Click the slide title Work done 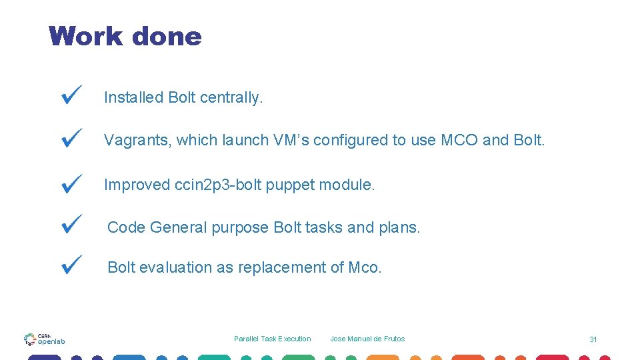pyautogui.click(x=125, y=36)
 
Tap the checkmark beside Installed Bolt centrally pyautogui.click(x=71, y=95)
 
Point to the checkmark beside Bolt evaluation pyautogui.click(x=71, y=264)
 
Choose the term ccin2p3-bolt pyautogui.click(x=217, y=185)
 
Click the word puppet pyautogui.click(x=288, y=185)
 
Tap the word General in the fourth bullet pyautogui.click(x=178, y=227)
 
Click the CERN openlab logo pyautogui.click(x=45, y=339)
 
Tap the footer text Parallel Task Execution pyautogui.click(x=272, y=339)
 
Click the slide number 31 pyautogui.click(x=593, y=339)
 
